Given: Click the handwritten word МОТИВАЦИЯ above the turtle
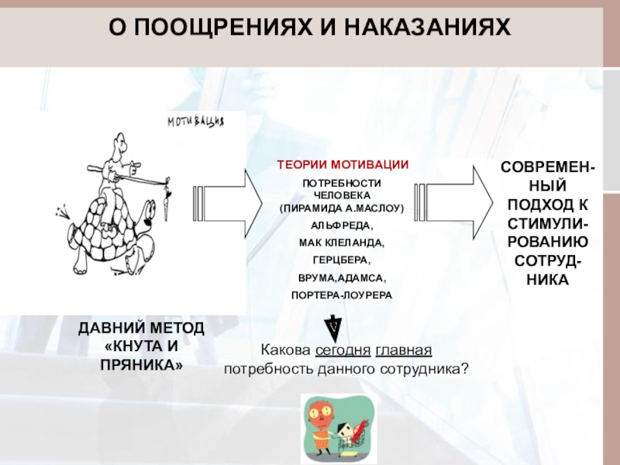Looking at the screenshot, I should pyautogui.click(x=197, y=122).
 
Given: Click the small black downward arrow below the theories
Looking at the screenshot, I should pyautogui.click(x=332, y=325).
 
